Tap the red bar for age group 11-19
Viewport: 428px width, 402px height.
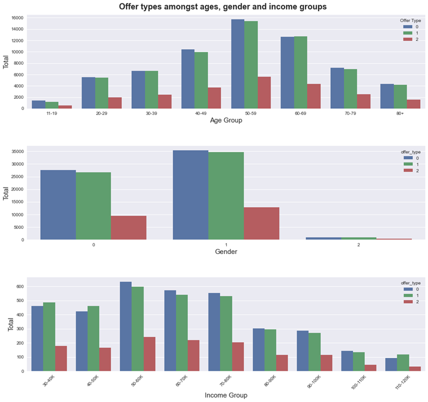click(65, 107)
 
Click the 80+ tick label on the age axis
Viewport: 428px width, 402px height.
click(400, 113)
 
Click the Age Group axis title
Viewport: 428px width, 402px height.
click(226, 121)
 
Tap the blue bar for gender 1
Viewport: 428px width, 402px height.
click(191, 195)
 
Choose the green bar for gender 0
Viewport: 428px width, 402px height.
click(93, 206)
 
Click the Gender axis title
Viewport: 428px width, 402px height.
click(226, 252)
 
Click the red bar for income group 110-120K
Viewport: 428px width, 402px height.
click(415, 368)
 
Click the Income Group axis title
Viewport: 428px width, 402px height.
click(226, 395)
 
